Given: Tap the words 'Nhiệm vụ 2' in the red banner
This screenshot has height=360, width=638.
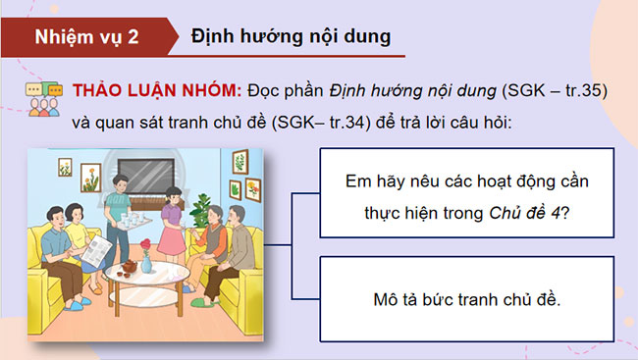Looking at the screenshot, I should [86, 38].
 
